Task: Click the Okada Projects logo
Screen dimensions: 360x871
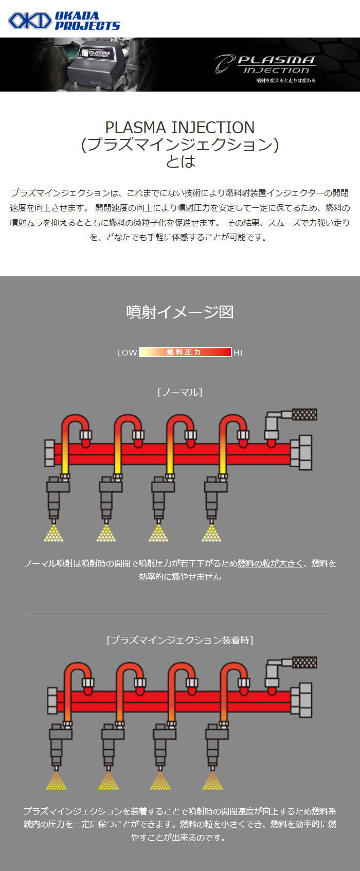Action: coord(64,21)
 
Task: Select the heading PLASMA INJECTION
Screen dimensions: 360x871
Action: coord(180,128)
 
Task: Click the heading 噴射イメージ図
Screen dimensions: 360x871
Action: coord(180,312)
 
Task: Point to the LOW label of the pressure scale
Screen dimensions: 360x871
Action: coord(127,353)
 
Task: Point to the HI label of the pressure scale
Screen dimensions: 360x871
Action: coord(238,353)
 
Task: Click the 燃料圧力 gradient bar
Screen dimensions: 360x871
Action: coord(186,352)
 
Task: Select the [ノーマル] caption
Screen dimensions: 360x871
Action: coord(180,393)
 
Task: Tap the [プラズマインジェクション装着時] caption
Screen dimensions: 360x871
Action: coord(180,640)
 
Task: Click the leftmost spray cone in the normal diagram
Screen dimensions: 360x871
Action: coord(53,533)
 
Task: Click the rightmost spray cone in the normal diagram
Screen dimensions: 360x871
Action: coord(211,533)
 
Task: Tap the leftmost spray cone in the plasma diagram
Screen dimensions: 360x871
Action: coord(57,780)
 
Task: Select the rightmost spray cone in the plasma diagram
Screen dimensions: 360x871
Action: coord(212,780)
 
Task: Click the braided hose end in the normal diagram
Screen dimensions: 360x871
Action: coord(305,415)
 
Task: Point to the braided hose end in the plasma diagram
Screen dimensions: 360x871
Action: coord(305,662)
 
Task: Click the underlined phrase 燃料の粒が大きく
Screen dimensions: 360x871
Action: coord(270,563)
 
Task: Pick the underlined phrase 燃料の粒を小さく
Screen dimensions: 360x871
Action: coord(212,824)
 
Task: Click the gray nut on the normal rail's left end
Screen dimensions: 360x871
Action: coord(49,453)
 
